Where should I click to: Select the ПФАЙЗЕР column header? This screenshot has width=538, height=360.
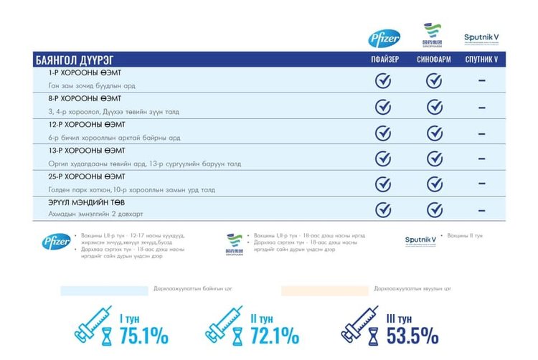pyautogui.click(x=384, y=60)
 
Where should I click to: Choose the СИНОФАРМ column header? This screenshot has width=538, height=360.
pyautogui.click(x=433, y=60)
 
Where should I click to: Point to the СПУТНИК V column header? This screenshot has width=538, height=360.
pyautogui.click(x=481, y=60)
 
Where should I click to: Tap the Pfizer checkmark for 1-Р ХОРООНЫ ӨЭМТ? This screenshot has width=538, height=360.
pyautogui.click(x=384, y=80)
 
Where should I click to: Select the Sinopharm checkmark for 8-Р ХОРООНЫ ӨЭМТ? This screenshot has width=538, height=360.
pyautogui.click(x=433, y=106)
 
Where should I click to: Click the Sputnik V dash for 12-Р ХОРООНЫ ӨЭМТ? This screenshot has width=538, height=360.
pyautogui.click(x=481, y=133)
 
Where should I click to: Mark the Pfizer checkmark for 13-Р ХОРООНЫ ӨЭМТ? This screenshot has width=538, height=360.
pyautogui.click(x=384, y=158)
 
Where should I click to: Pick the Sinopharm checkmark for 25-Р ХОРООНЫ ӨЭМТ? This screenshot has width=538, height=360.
pyautogui.click(x=433, y=184)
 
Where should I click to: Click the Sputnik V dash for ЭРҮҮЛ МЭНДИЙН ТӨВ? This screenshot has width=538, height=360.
pyautogui.click(x=481, y=209)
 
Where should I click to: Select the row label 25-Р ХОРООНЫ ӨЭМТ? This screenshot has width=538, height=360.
pyautogui.click(x=87, y=176)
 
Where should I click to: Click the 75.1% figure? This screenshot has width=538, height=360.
pyautogui.click(x=143, y=335)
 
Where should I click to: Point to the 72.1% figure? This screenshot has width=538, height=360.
pyautogui.click(x=274, y=335)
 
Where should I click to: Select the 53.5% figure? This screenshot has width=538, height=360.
pyautogui.click(x=412, y=335)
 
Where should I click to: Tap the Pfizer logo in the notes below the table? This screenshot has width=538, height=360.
pyautogui.click(x=55, y=242)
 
